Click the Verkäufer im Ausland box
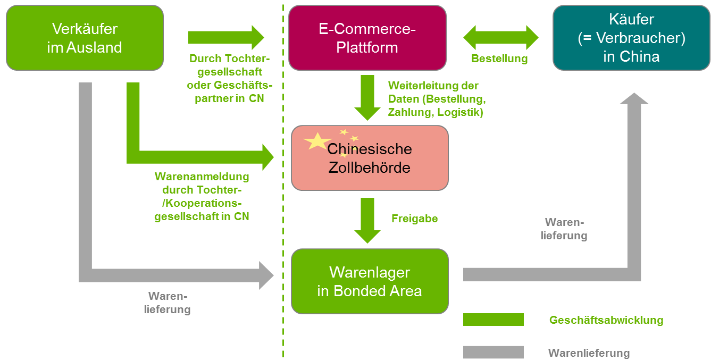pyautogui.click(x=85, y=38)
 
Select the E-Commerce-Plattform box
pyautogui.click(x=367, y=38)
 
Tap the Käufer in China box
pyautogui.click(x=631, y=38)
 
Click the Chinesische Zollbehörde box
pyautogui.click(x=370, y=158)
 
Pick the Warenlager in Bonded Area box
pyautogui.click(x=370, y=281)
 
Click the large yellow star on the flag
pyautogui.click(x=317, y=141)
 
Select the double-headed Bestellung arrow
pyautogui.click(x=501, y=38)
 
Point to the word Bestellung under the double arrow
pyautogui.click(x=499, y=58)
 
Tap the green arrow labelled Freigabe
pyautogui.click(x=367, y=220)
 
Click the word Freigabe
pyautogui.click(x=414, y=219)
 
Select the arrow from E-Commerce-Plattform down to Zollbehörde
pyautogui.click(x=367, y=97)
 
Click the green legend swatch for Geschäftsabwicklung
pyautogui.click(x=493, y=320)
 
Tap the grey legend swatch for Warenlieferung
pyautogui.click(x=493, y=352)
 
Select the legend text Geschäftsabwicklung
pyautogui.click(x=606, y=320)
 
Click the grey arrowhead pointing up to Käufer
pyautogui.click(x=634, y=99)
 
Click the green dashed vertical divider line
pyautogui.click(x=283, y=213)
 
